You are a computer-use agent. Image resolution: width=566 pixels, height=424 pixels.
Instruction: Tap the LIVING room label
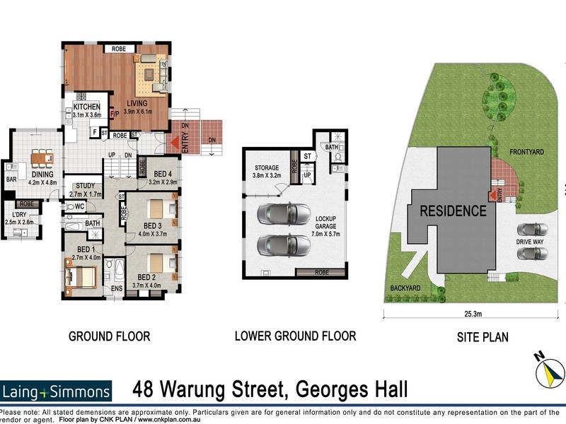click(138, 105)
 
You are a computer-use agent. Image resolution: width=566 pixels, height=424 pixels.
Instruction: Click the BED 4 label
click(164, 174)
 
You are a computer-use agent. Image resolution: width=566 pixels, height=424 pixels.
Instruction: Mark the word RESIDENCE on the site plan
click(454, 211)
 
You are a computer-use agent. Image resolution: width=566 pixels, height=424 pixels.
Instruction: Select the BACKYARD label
click(405, 288)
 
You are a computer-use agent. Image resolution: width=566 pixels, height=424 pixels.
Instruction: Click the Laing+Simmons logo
click(57, 391)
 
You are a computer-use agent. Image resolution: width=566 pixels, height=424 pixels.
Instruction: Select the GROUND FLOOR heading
click(109, 336)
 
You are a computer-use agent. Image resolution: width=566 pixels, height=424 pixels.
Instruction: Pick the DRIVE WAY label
click(529, 242)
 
